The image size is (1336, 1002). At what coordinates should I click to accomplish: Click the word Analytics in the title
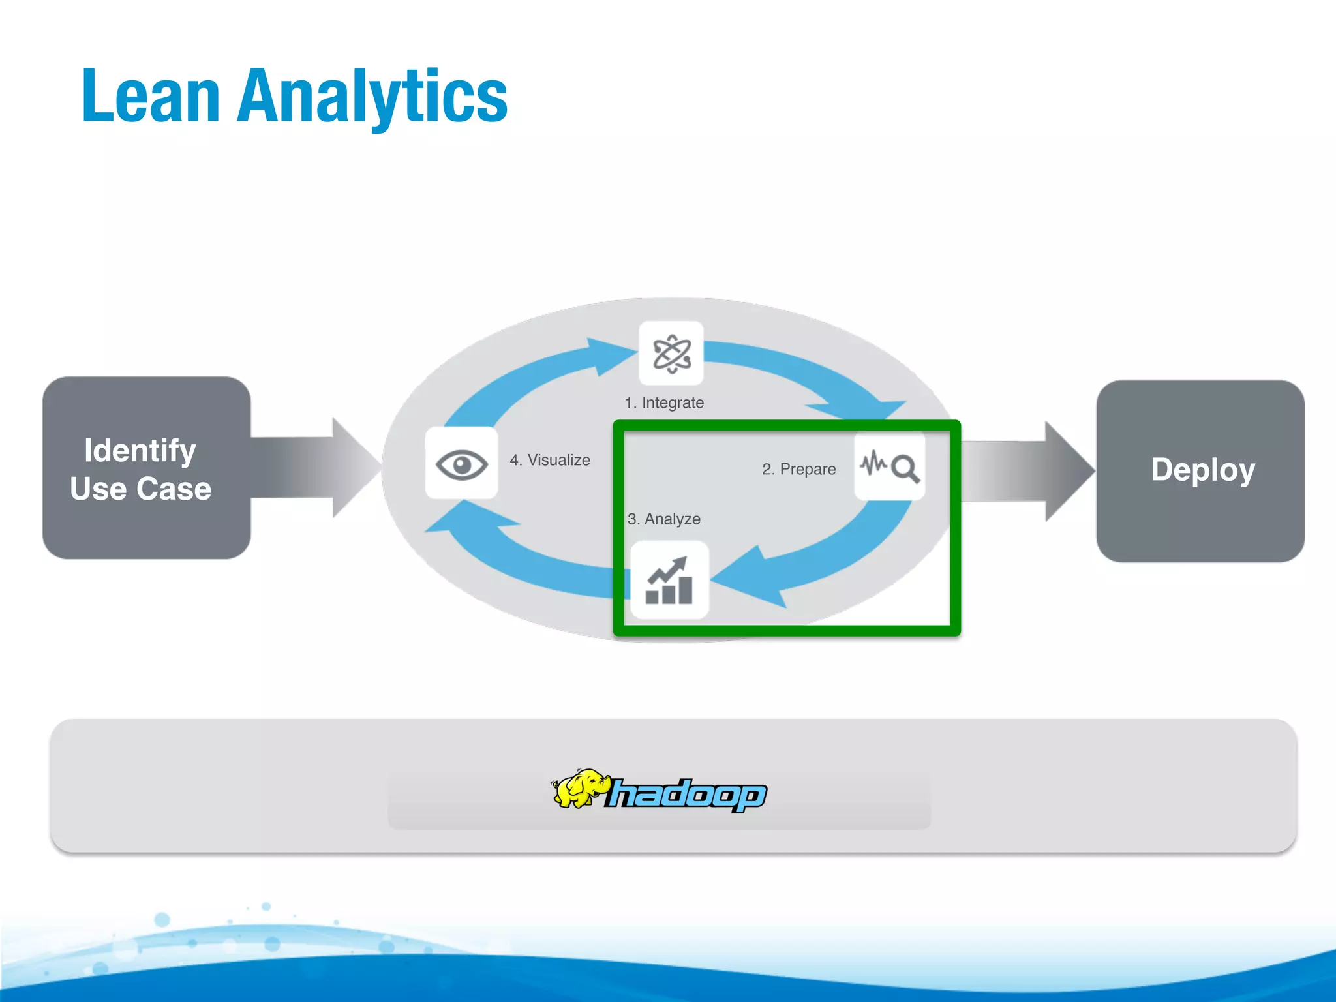[372, 98]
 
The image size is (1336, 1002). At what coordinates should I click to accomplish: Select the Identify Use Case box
[146, 468]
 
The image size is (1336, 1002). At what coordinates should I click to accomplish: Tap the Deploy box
[1200, 470]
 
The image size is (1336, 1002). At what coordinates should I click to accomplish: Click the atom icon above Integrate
[671, 354]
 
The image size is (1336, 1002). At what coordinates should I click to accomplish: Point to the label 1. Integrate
[664, 402]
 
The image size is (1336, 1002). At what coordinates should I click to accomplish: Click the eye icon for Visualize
[461, 464]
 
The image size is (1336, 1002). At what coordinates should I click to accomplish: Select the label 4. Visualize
[550, 460]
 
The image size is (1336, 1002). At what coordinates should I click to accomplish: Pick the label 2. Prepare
[798, 469]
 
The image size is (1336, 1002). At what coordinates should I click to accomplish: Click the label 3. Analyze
[664, 519]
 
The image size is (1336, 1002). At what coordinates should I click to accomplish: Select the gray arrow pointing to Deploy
[1027, 471]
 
